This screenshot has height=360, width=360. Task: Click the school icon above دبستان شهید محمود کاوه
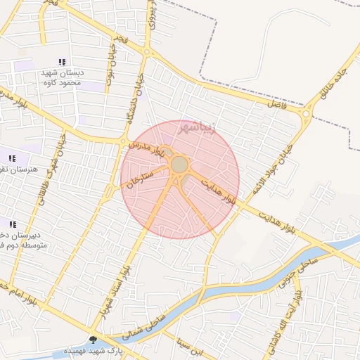point(63,62)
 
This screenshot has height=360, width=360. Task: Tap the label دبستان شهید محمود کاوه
point(63,77)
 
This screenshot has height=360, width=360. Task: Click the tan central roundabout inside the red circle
point(179,165)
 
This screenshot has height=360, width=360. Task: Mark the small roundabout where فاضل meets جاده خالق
point(307,112)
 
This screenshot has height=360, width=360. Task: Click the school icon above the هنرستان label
point(12,157)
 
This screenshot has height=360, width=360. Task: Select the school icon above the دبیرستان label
point(13,224)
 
